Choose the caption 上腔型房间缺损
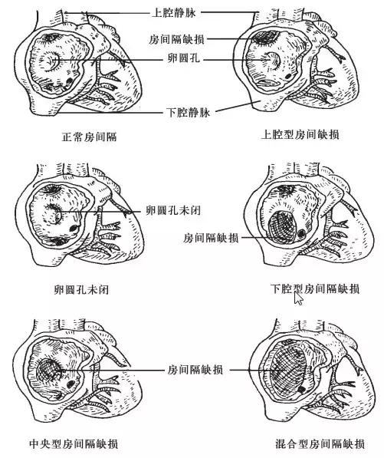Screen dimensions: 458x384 [x=300, y=135]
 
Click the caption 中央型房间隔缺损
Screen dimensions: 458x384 [x=74, y=443]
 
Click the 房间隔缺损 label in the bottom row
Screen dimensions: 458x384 [x=195, y=370]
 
